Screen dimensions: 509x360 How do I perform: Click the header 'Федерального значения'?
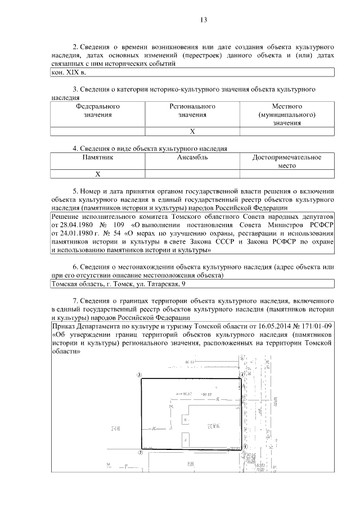pos(98,110)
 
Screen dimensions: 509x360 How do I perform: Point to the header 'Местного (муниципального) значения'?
pos(287,114)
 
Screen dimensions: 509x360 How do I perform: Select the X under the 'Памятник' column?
pos(98,174)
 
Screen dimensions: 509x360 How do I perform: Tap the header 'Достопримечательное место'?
pos(287,161)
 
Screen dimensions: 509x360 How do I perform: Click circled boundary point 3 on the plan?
pos(139,373)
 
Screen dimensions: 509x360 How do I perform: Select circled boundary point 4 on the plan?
pos(242,373)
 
